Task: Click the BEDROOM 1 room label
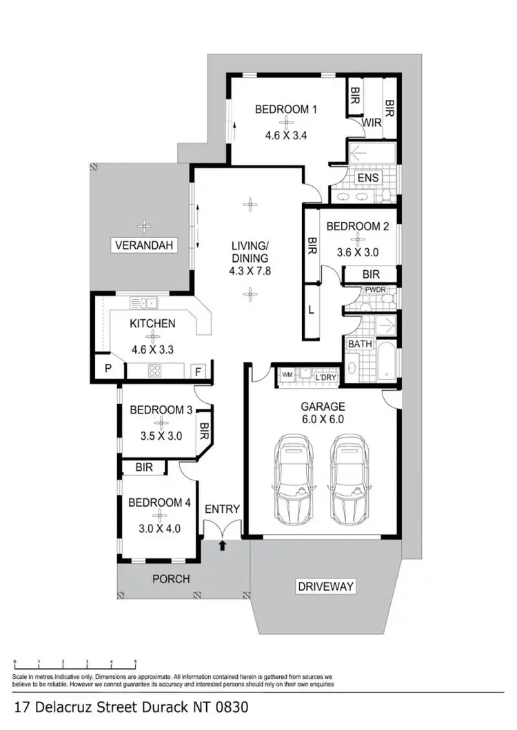(x=285, y=109)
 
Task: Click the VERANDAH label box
(x=145, y=245)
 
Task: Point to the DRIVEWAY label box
(x=325, y=587)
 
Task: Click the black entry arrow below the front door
(x=222, y=546)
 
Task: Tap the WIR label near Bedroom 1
(x=373, y=123)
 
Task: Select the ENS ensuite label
(x=367, y=178)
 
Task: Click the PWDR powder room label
(x=375, y=290)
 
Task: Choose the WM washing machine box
(x=286, y=374)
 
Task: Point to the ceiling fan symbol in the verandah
(x=144, y=225)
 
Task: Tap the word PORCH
(x=170, y=579)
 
